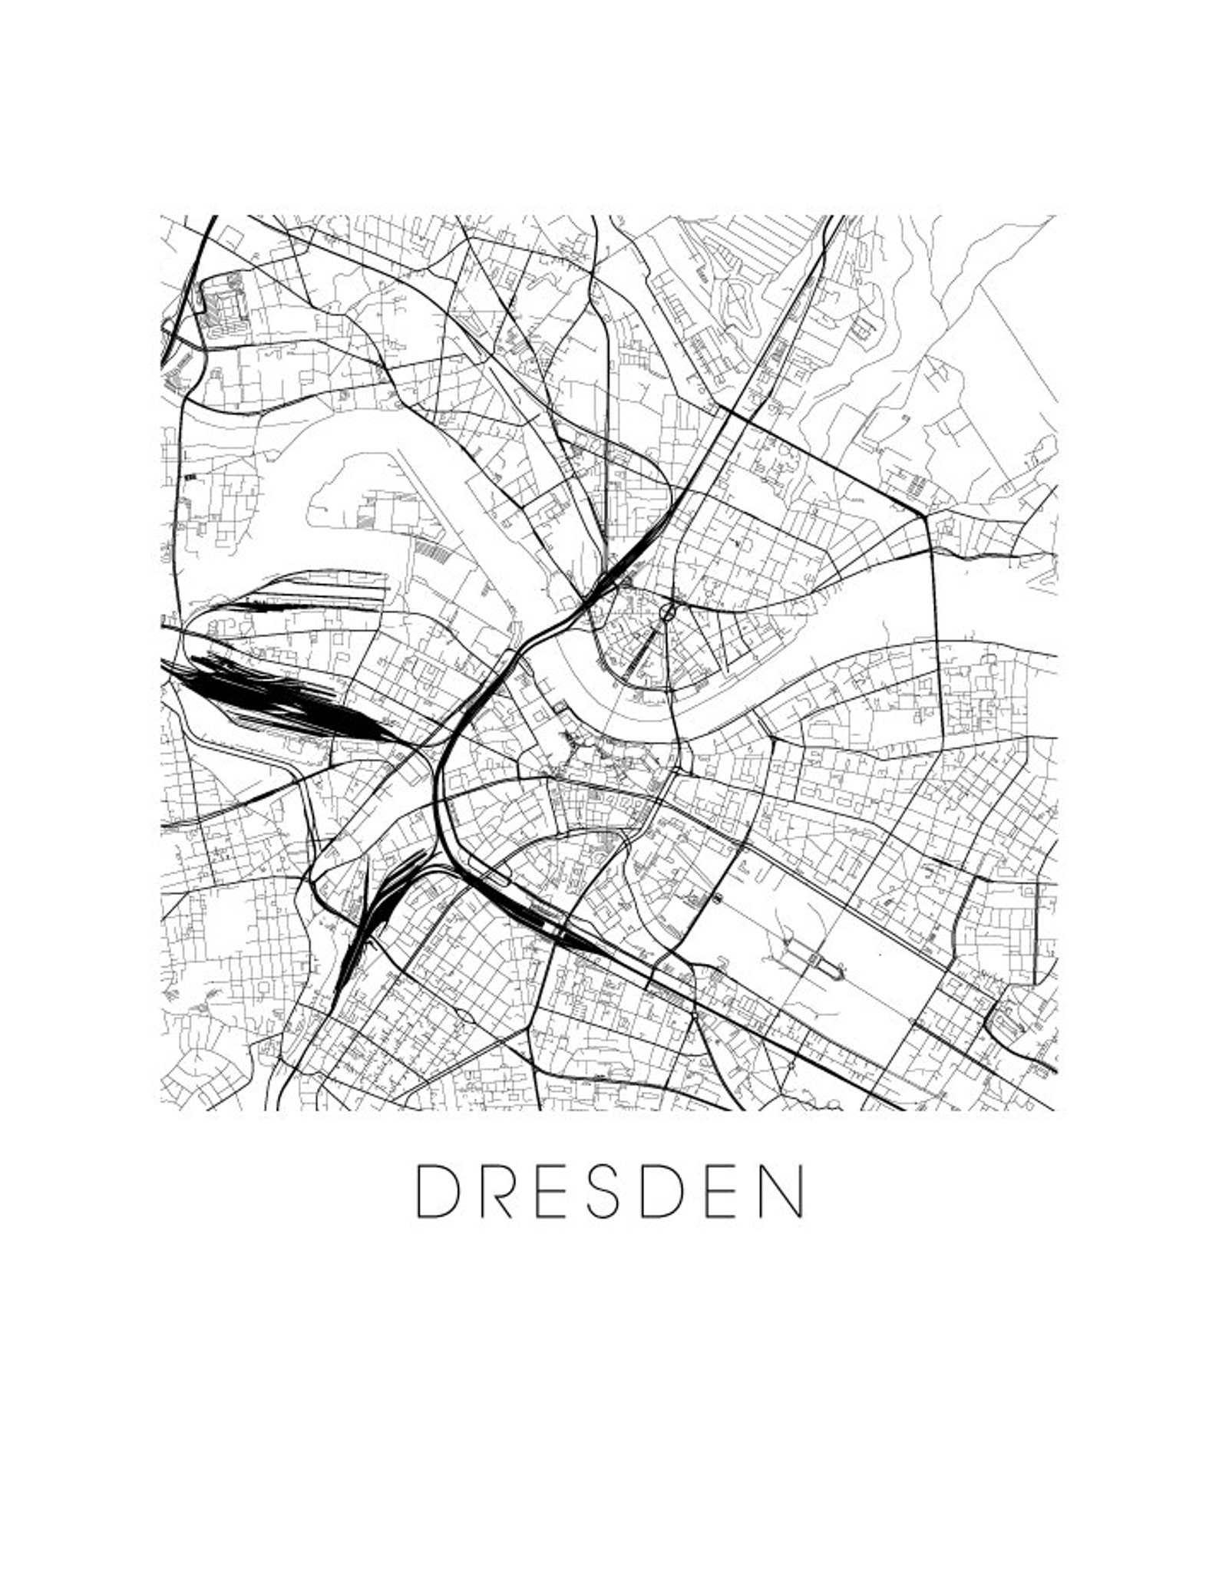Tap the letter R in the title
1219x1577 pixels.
(x=497, y=1191)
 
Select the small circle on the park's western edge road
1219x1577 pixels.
(x=718, y=899)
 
